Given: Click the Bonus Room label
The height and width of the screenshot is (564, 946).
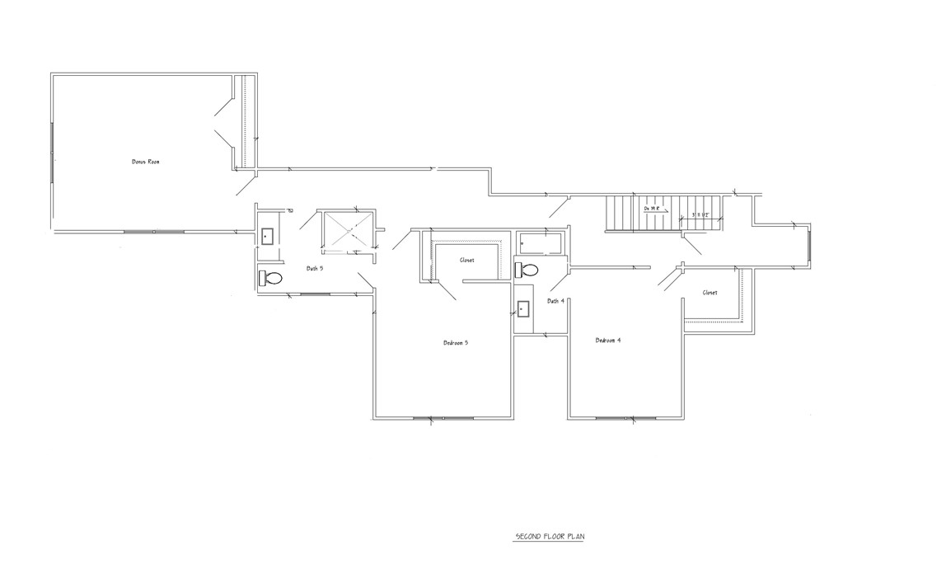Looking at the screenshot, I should [x=145, y=162].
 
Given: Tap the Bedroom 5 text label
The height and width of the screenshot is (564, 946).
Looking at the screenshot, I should [x=456, y=342].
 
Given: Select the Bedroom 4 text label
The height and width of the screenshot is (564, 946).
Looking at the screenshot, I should [x=607, y=340].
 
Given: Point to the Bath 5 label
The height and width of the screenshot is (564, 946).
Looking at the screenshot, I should [x=315, y=268].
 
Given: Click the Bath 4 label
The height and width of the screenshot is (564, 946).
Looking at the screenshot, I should [x=555, y=301].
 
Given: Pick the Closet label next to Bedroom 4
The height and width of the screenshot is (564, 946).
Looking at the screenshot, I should [x=709, y=293].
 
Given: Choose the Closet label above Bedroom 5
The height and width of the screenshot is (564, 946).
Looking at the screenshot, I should [x=466, y=261].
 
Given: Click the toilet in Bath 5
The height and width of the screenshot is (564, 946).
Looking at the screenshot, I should [x=270, y=278].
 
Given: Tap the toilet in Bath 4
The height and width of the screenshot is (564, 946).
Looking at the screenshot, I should [x=527, y=270].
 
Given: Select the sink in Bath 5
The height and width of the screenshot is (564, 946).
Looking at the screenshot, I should [x=268, y=236].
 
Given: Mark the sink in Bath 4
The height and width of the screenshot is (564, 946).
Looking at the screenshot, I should [x=523, y=309].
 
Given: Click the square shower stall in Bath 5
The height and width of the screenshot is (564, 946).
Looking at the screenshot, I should [x=346, y=230].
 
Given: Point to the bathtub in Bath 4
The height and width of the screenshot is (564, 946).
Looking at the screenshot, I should [x=541, y=243].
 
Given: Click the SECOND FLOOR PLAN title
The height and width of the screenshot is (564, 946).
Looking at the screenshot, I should [x=550, y=537].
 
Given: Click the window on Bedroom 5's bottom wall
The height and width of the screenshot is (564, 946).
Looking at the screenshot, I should [x=443, y=419].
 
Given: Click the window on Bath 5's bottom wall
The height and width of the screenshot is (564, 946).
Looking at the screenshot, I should [x=315, y=293].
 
